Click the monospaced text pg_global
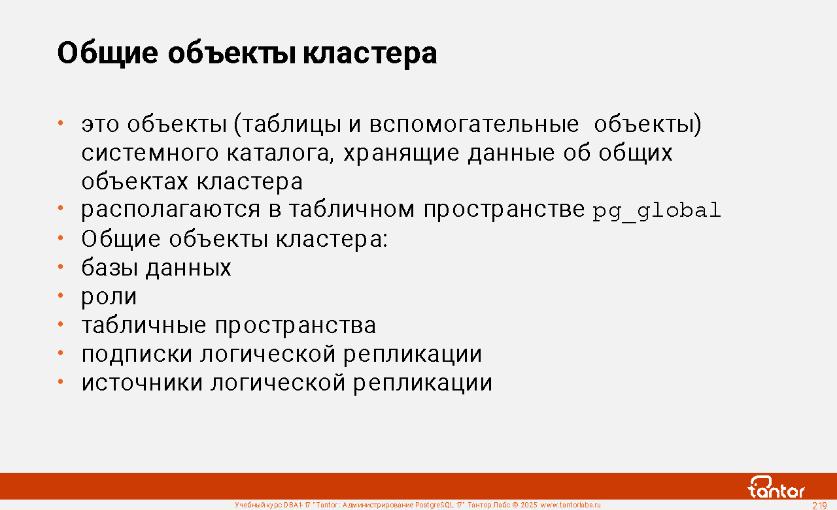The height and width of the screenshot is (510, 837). tap(657, 211)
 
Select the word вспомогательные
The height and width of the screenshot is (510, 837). tap(474, 124)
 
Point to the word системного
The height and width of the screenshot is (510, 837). tap(150, 153)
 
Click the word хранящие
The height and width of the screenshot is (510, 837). tap(401, 153)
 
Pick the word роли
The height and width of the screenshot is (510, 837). tap(109, 296)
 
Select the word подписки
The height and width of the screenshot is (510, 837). tap(137, 354)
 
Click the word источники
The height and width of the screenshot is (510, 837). tap(142, 383)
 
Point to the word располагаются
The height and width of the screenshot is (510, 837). tap(171, 210)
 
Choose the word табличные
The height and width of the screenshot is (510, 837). tap(143, 325)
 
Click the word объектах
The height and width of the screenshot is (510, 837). tap(135, 182)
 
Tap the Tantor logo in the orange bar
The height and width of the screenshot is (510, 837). tap(776, 487)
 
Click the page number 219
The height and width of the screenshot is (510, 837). tap(819, 505)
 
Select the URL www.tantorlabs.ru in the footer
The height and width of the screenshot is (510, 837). tap(571, 505)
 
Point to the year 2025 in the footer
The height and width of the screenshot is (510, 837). tap(529, 505)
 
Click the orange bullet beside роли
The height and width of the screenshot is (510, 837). tap(61, 295)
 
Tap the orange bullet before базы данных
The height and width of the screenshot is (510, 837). tap(61, 266)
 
